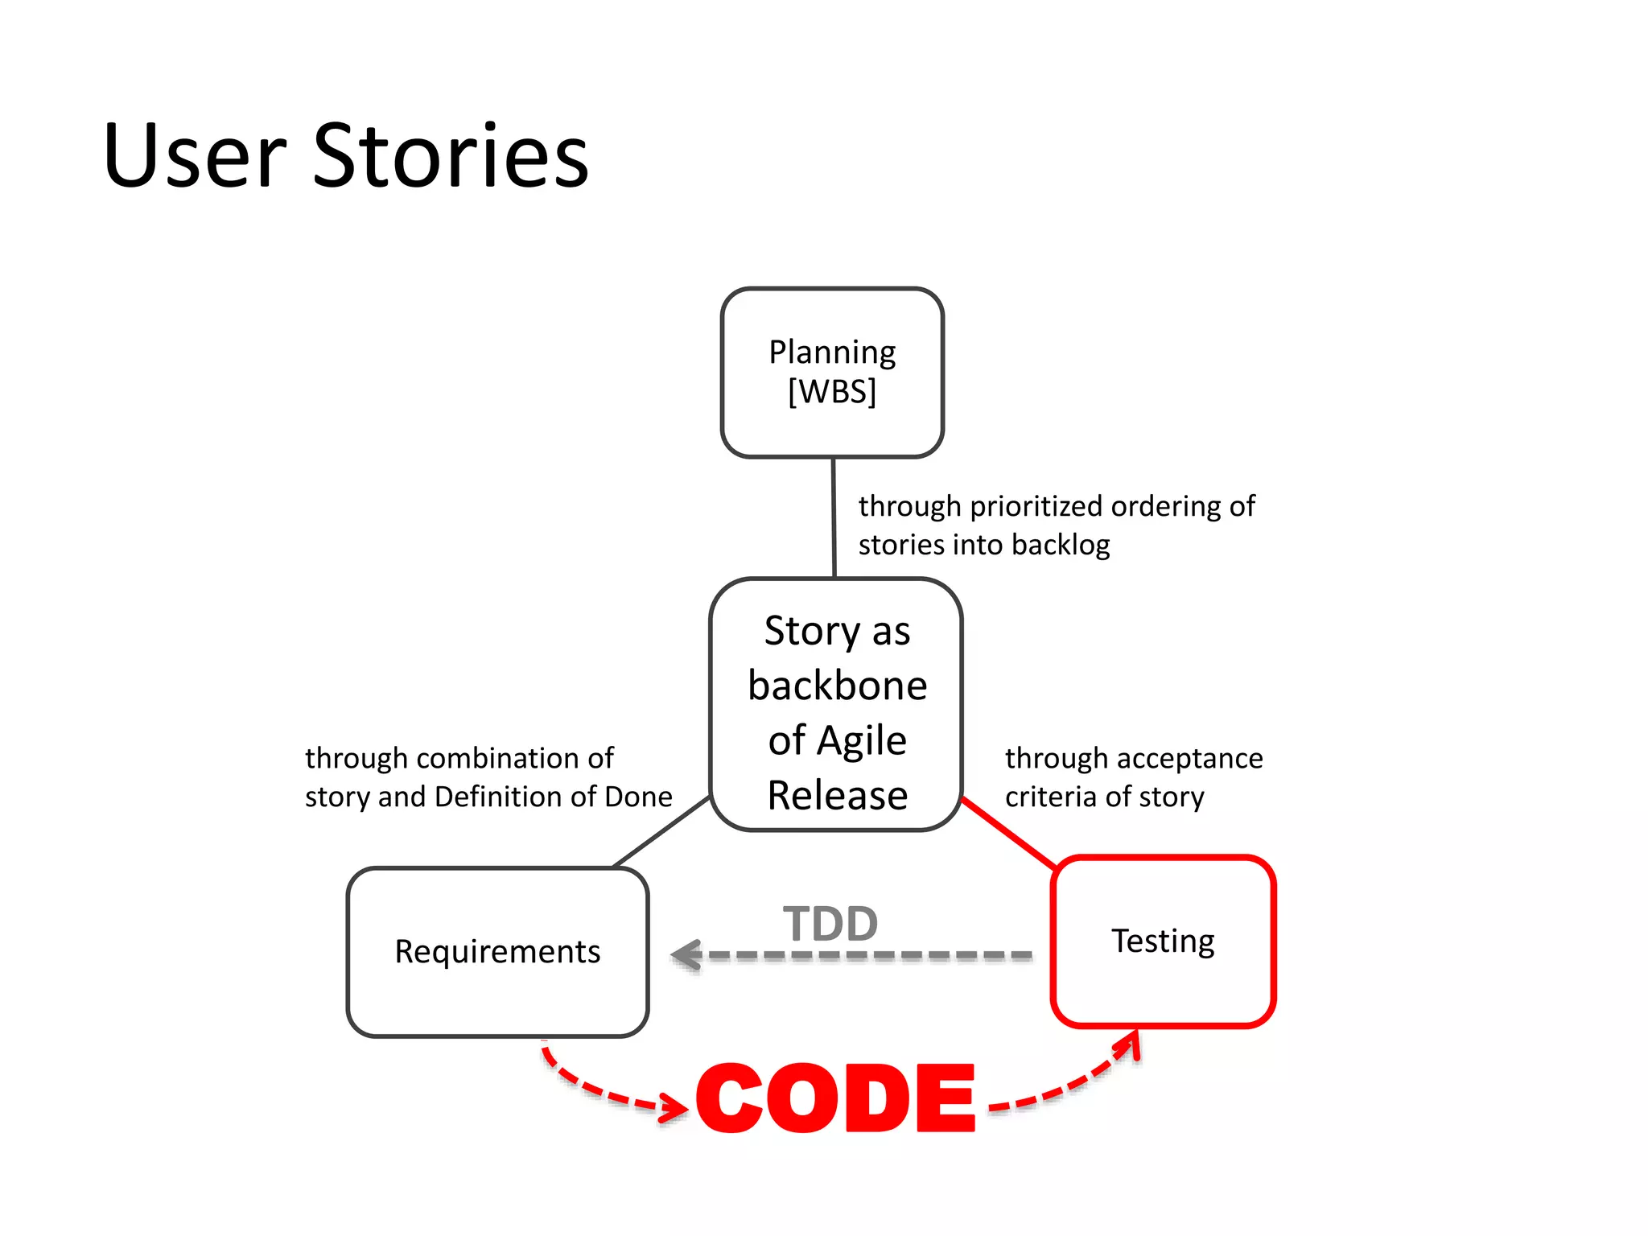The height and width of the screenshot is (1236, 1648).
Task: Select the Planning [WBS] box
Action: [832, 373]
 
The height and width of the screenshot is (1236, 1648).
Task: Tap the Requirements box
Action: [497, 952]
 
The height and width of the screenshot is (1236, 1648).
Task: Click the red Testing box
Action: [1163, 941]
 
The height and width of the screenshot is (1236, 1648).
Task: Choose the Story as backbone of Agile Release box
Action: [836, 704]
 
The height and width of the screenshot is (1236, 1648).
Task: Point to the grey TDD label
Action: [830, 923]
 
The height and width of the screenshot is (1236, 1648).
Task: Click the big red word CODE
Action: [836, 1098]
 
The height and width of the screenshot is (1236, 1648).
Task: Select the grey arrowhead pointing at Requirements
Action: [686, 955]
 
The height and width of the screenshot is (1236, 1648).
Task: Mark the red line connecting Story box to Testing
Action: [1008, 834]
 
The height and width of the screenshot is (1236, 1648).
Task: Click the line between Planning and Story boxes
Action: [834, 517]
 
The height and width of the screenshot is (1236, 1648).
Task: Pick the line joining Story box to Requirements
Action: [661, 831]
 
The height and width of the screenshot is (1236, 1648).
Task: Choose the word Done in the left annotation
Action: [638, 797]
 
